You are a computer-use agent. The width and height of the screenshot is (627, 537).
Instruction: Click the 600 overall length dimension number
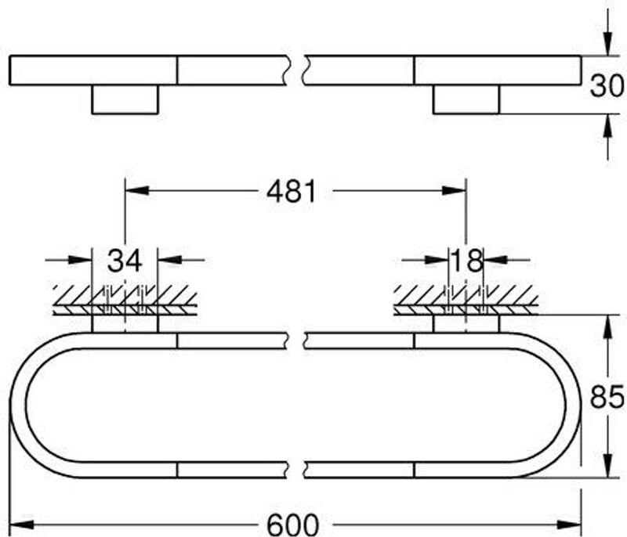click(x=292, y=524)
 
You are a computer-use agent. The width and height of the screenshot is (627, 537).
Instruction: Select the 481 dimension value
click(x=292, y=191)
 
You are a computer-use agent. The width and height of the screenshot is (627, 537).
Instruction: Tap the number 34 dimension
click(x=125, y=261)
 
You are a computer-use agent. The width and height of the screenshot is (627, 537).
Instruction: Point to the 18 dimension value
click(x=466, y=261)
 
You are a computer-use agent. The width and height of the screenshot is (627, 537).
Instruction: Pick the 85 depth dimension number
click(x=607, y=396)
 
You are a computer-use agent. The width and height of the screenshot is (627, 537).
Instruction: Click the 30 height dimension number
click(x=607, y=85)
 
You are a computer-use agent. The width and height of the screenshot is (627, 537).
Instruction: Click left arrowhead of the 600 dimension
click(x=21, y=524)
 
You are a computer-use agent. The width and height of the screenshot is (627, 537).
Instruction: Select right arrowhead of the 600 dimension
click(x=569, y=524)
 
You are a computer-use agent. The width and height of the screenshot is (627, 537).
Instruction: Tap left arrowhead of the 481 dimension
click(x=137, y=190)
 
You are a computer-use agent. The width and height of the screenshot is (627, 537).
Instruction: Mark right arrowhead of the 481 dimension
click(x=455, y=190)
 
